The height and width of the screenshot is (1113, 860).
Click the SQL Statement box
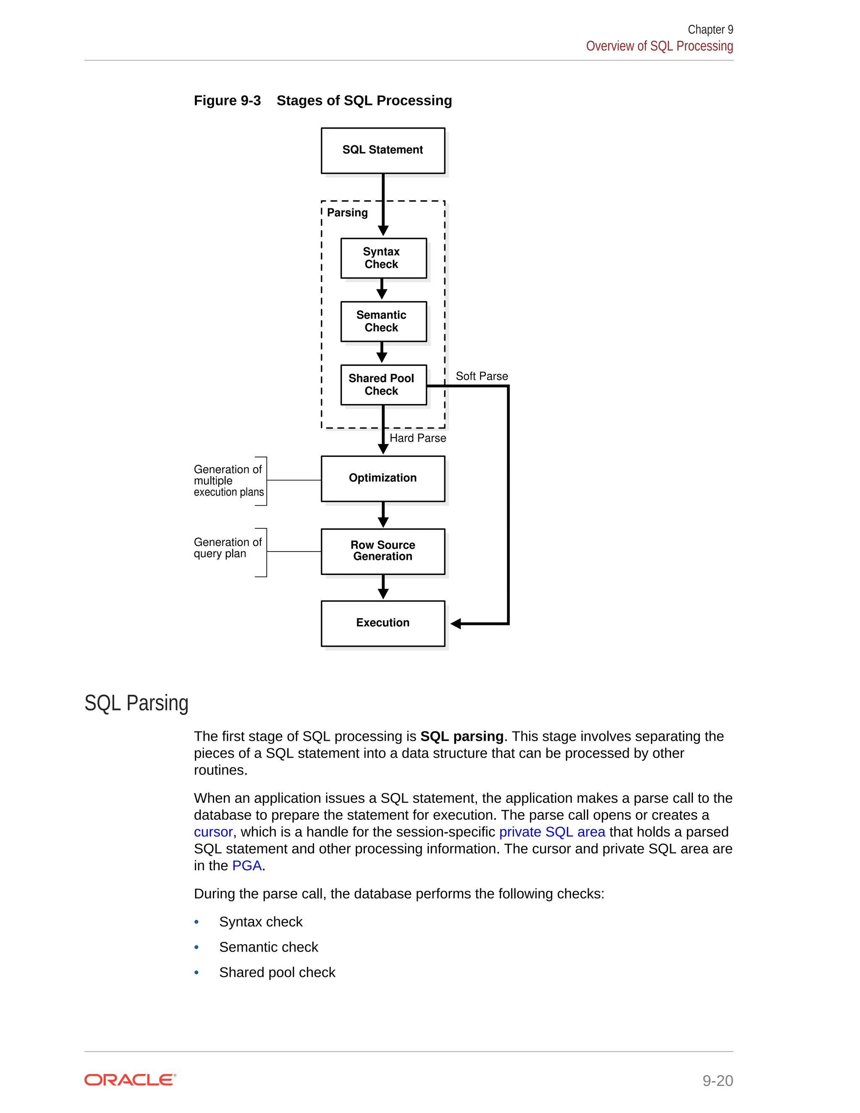pos(383,150)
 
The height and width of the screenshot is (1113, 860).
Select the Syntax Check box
pos(383,258)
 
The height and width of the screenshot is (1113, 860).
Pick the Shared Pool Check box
pos(383,385)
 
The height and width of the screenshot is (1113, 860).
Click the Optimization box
pos(383,478)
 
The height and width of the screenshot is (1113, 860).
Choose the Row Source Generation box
pos(383,551)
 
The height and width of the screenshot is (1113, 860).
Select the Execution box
pos(383,623)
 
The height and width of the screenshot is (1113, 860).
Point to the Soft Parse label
pos(482,376)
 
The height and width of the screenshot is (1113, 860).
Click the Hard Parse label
pos(417,438)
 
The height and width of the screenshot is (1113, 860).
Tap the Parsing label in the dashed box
pos(347,213)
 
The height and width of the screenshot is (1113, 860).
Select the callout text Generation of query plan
pos(227,548)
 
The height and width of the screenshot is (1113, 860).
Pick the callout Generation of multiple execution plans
pos(228,480)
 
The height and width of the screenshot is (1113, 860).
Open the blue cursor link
pos(213,832)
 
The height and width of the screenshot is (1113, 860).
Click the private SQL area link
pos(552,832)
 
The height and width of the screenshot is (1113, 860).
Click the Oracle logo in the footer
pos(130,1080)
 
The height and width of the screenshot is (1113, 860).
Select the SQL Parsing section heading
pos(136,703)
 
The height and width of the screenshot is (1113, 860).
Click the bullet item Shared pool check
pos(277,972)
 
